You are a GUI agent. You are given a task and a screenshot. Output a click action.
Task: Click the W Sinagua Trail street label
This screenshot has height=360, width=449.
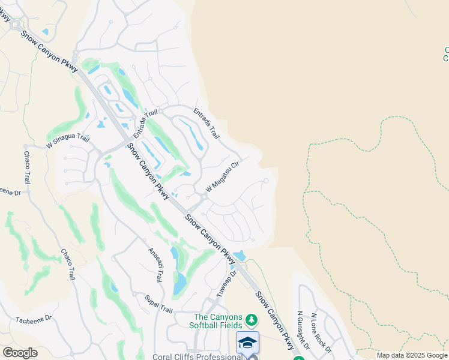tap(68, 142)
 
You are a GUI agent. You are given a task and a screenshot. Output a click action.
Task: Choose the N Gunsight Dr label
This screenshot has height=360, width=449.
tap(303, 329)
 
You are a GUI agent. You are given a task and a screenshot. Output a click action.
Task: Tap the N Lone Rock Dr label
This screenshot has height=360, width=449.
tap(321, 332)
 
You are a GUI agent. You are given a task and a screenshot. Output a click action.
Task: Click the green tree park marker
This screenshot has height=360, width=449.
tap(253, 318)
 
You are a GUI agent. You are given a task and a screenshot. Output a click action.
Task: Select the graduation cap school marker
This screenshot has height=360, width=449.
tap(247, 342)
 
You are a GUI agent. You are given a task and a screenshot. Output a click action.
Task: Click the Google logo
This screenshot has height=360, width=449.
tap(20, 353)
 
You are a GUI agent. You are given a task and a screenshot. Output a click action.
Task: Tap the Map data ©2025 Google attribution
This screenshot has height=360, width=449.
tap(412, 355)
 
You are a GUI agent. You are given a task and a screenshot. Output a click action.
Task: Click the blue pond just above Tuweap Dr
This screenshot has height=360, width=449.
tap(240, 256)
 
